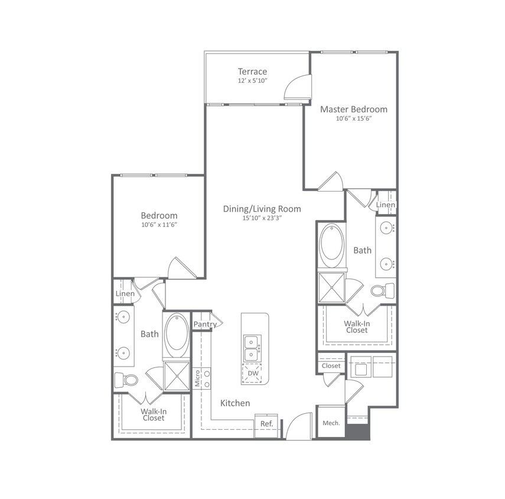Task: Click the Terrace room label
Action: pyautogui.click(x=253, y=72)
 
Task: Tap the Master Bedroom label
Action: pyautogui.click(x=354, y=109)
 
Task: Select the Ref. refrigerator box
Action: pyautogui.click(x=267, y=424)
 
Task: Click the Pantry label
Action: pyautogui.click(x=204, y=323)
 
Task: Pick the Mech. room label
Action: pyautogui.click(x=331, y=423)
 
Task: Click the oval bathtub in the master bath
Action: pyautogui.click(x=332, y=247)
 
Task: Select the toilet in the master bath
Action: pyautogui.click(x=383, y=291)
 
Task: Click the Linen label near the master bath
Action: pyautogui.click(x=386, y=205)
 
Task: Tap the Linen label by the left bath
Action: pyautogui.click(x=125, y=293)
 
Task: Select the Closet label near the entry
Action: pyautogui.click(x=331, y=366)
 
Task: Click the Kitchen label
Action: pyautogui.click(x=235, y=403)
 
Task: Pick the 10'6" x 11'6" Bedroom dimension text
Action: pyautogui.click(x=159, y=225)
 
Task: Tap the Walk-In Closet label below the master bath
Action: pyautogui.click(x=357, y=327)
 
